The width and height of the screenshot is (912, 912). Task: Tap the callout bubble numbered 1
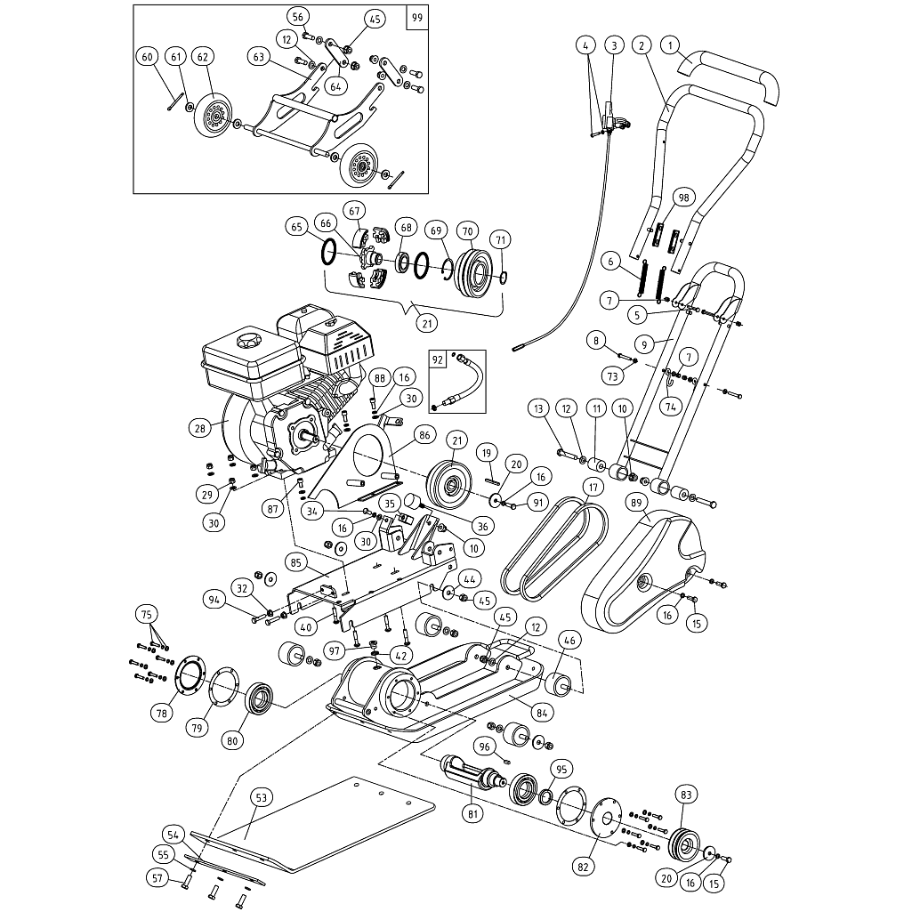(671, 44)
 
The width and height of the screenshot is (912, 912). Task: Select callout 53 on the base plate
(261, 798)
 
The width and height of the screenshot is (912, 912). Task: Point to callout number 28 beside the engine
(200, 428)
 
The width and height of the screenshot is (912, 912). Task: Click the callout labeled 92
(438, 360)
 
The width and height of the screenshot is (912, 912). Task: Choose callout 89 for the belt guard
(636, 503)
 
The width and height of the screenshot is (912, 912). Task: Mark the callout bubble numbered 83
(685, 794)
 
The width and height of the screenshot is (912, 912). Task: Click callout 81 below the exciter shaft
(472, 812)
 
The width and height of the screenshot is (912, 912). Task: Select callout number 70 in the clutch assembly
(467, 229)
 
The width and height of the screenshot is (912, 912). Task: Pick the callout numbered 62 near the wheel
(202, 57)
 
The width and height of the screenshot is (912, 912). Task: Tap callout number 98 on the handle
(683, 197)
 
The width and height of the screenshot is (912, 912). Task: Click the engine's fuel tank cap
(246, 341)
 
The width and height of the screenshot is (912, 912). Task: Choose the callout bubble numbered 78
(162, 712)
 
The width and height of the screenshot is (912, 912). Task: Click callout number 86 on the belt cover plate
(424, 436)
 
